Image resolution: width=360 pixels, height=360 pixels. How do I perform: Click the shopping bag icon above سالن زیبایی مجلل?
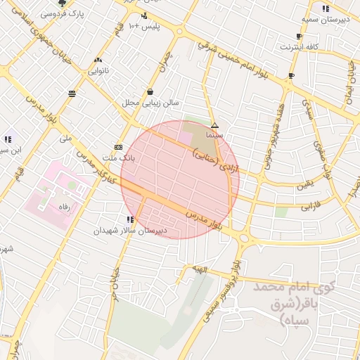[150, 91]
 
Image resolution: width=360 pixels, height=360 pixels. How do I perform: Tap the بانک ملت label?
[117, 158]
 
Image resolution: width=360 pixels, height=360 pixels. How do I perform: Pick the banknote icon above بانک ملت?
[118, 147]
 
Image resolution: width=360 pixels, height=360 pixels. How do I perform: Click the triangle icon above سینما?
[214, 126]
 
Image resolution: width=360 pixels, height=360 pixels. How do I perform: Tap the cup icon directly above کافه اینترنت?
[300, 36]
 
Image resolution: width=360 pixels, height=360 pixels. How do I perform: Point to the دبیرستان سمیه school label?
[325, 19]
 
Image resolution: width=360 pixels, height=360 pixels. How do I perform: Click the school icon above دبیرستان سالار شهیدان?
[130, 220]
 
